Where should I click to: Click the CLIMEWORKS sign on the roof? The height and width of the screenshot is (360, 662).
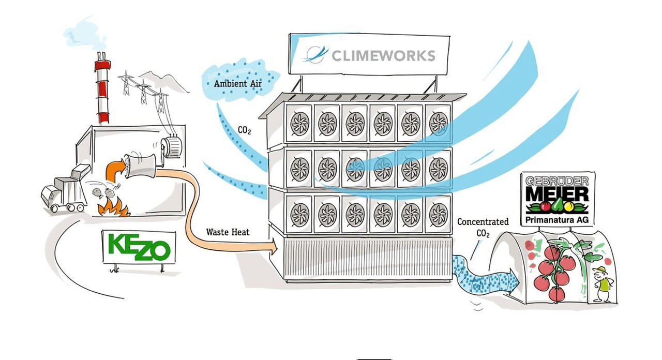click(369, 54)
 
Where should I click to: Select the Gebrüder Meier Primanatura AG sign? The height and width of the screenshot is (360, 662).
click(558, 198)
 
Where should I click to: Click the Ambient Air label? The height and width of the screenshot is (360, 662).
click(234, 83)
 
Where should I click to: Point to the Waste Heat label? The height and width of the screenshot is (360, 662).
click(228, 232)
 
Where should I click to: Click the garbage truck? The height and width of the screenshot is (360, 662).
click(65, 190)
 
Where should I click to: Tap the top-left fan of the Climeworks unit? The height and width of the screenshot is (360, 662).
click(299, 123)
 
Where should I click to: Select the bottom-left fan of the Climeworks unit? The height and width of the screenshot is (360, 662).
click(299, 214)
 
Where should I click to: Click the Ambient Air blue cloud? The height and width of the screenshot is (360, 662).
click(238, 83)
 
